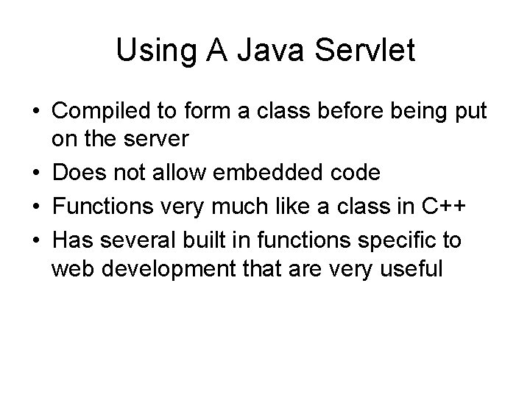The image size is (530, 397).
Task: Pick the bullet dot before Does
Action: [35, 173]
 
